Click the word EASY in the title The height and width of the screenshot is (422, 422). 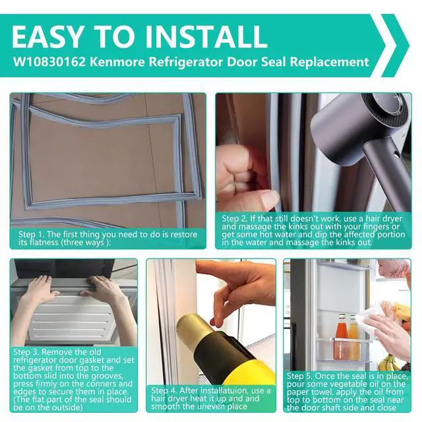(47, 37)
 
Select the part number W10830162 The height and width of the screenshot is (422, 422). (49, 62)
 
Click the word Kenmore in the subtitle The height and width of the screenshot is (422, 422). (117, 62)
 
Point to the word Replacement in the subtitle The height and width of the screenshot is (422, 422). (329, 62)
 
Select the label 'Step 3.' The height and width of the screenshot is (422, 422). (26, 352)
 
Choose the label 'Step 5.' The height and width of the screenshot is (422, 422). (299, 376)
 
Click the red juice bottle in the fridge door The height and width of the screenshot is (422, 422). (342, 336)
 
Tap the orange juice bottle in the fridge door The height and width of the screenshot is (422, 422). (353, 337)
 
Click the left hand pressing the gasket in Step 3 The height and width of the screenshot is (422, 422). (41, 290)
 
